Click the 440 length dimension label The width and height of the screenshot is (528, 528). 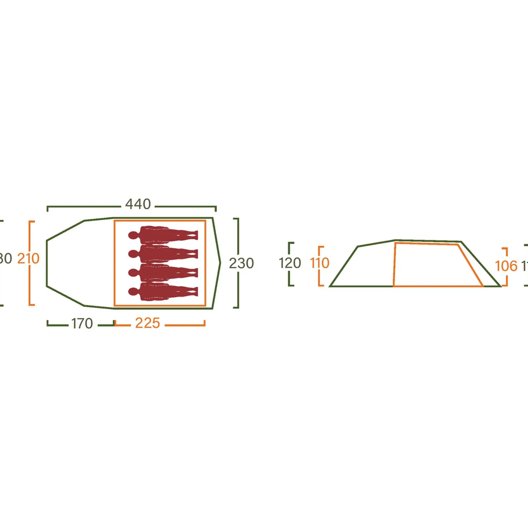coord(138,204)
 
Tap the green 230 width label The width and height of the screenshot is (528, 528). coord(241,263)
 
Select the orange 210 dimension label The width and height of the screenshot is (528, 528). coord(28,258)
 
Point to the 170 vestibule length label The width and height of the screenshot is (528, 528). coord(82,323)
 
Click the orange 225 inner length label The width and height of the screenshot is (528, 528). coord(147,323)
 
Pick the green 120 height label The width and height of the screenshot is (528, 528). coord(290,263)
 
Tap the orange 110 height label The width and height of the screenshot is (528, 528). coord(319,263)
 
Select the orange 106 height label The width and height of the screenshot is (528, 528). coord(506,266)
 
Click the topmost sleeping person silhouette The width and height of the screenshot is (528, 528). coord(163,235)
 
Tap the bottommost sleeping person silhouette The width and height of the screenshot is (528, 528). coord(163,291)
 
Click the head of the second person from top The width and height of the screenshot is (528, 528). coord(133,254)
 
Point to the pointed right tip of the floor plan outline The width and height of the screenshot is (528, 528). coord(220,263)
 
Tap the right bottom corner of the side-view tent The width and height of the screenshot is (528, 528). coord(500,286)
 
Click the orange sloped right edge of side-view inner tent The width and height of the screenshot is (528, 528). coord(470,265)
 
